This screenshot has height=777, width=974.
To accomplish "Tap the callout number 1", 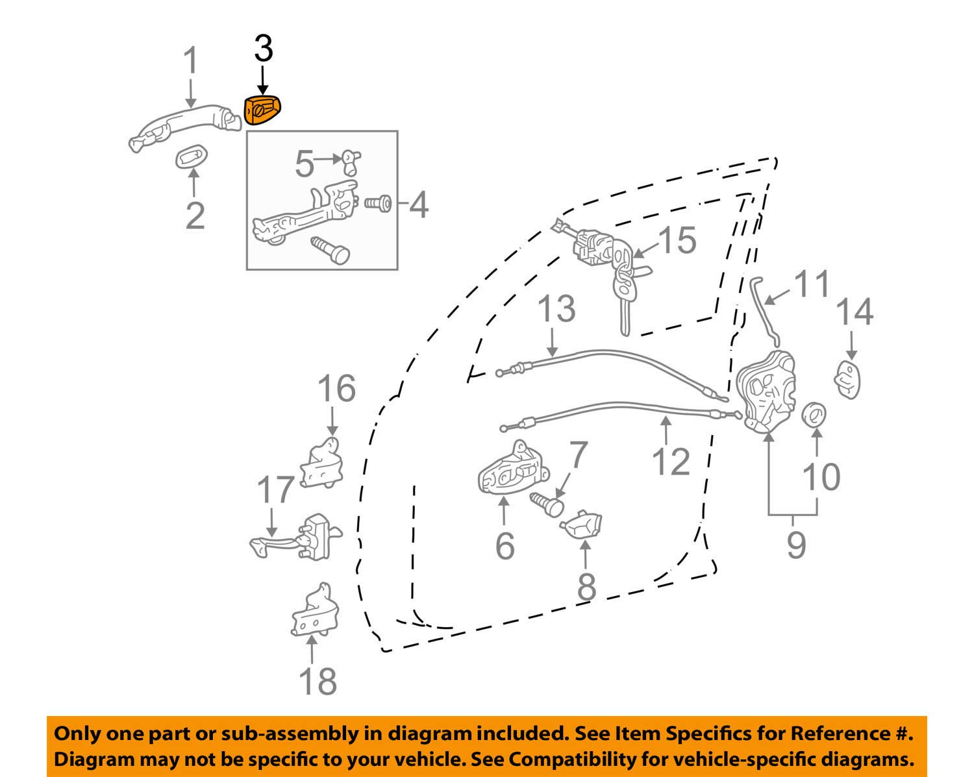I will point(190,62).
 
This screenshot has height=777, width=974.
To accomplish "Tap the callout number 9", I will point(795,544).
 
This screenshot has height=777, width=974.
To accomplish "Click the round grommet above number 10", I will point(815,414).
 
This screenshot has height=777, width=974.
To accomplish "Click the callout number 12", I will point(670,462).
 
